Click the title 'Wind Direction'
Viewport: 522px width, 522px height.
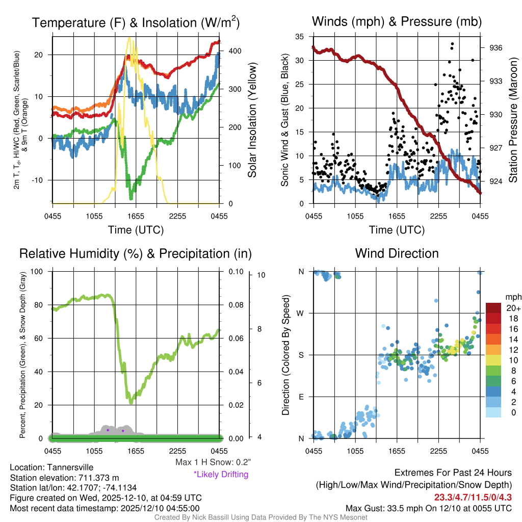[397, 253]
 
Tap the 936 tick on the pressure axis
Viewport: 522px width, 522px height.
[496, 47]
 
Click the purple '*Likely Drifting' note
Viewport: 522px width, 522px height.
[221, 475]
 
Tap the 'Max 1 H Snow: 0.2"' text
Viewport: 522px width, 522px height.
[213, 462]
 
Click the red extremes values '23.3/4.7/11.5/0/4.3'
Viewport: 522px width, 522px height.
[473, 497]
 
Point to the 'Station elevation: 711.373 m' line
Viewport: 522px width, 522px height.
[64, 478]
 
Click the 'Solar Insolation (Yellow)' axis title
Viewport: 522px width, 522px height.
[252, 120]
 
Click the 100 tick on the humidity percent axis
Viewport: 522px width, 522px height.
[37, 271]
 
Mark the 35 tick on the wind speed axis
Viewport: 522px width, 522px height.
[300, 36]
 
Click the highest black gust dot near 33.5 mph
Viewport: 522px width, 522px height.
[452, 44]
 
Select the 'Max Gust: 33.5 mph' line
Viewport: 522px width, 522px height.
[428, 508]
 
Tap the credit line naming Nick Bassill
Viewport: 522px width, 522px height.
[261, 517]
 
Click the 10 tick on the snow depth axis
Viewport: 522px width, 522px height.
[262, 275]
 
